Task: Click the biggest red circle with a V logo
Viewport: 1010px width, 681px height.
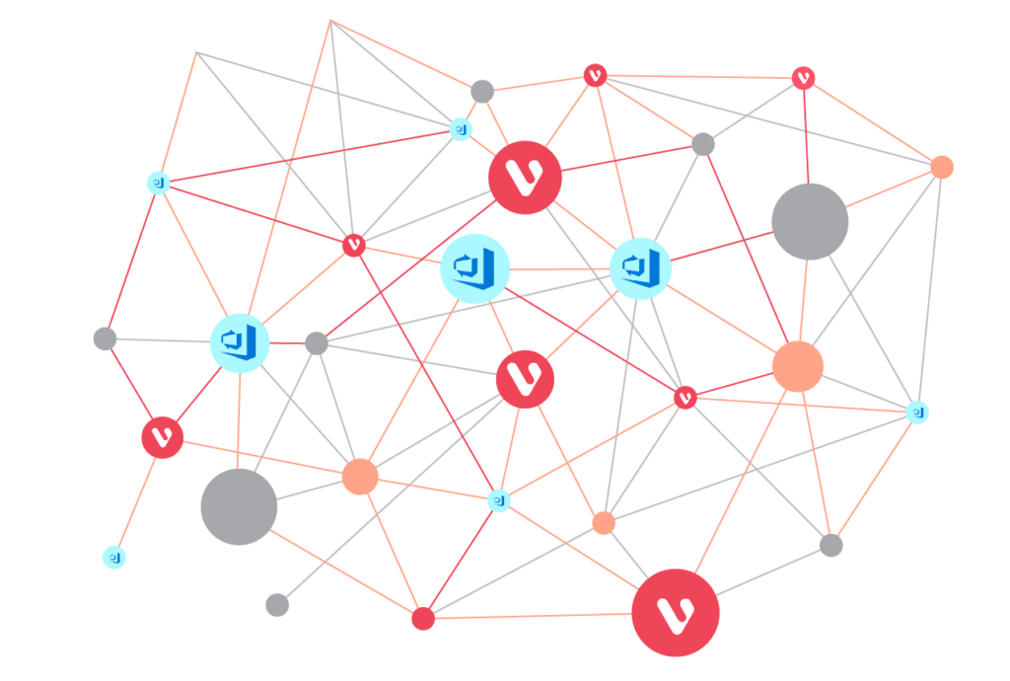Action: click(x=676, y=612)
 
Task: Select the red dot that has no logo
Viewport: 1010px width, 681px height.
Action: click(x=423, y=619)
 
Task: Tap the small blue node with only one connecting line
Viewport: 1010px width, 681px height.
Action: click(x=114, y=557)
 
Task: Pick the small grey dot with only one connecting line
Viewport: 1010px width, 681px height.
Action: click(x=277, y=604)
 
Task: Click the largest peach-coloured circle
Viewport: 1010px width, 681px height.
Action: click(x=797, y=366)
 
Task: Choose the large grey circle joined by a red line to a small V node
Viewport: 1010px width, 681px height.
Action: click(x=810, y=222)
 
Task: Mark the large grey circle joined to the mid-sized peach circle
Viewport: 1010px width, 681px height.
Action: click(x=239, y=506)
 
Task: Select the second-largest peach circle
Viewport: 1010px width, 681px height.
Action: click(x=360, y=476)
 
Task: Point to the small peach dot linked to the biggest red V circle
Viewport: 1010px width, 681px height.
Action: click(x=604, y=522)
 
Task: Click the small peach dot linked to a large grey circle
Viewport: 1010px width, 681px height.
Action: click(x=942, y=167)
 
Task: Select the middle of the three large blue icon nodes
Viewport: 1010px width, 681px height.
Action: click(x=474, y=267)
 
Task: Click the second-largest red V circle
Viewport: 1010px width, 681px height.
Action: click(x=526, y=178)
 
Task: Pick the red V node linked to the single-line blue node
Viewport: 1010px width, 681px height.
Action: click(x=163, y=437)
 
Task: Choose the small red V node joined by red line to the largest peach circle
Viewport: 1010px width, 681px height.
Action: click(x=685, y=397)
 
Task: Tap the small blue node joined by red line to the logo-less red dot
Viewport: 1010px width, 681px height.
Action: click(x=500, y=501)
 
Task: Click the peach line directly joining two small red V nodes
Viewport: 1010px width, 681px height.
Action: click(x=699, y=76)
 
